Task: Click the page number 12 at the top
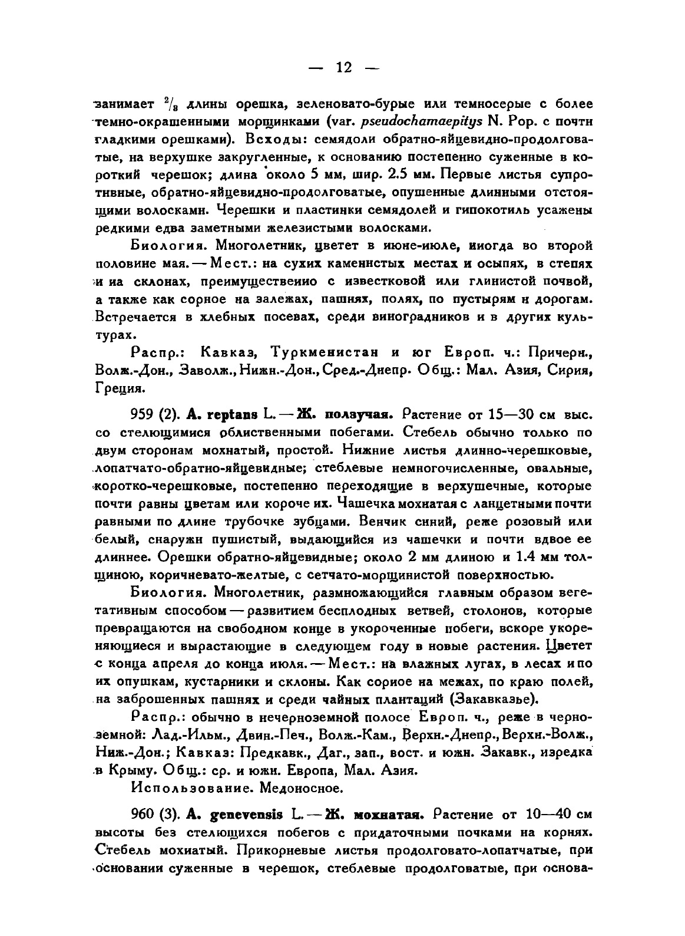[343, 68]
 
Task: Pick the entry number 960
[143, 815]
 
